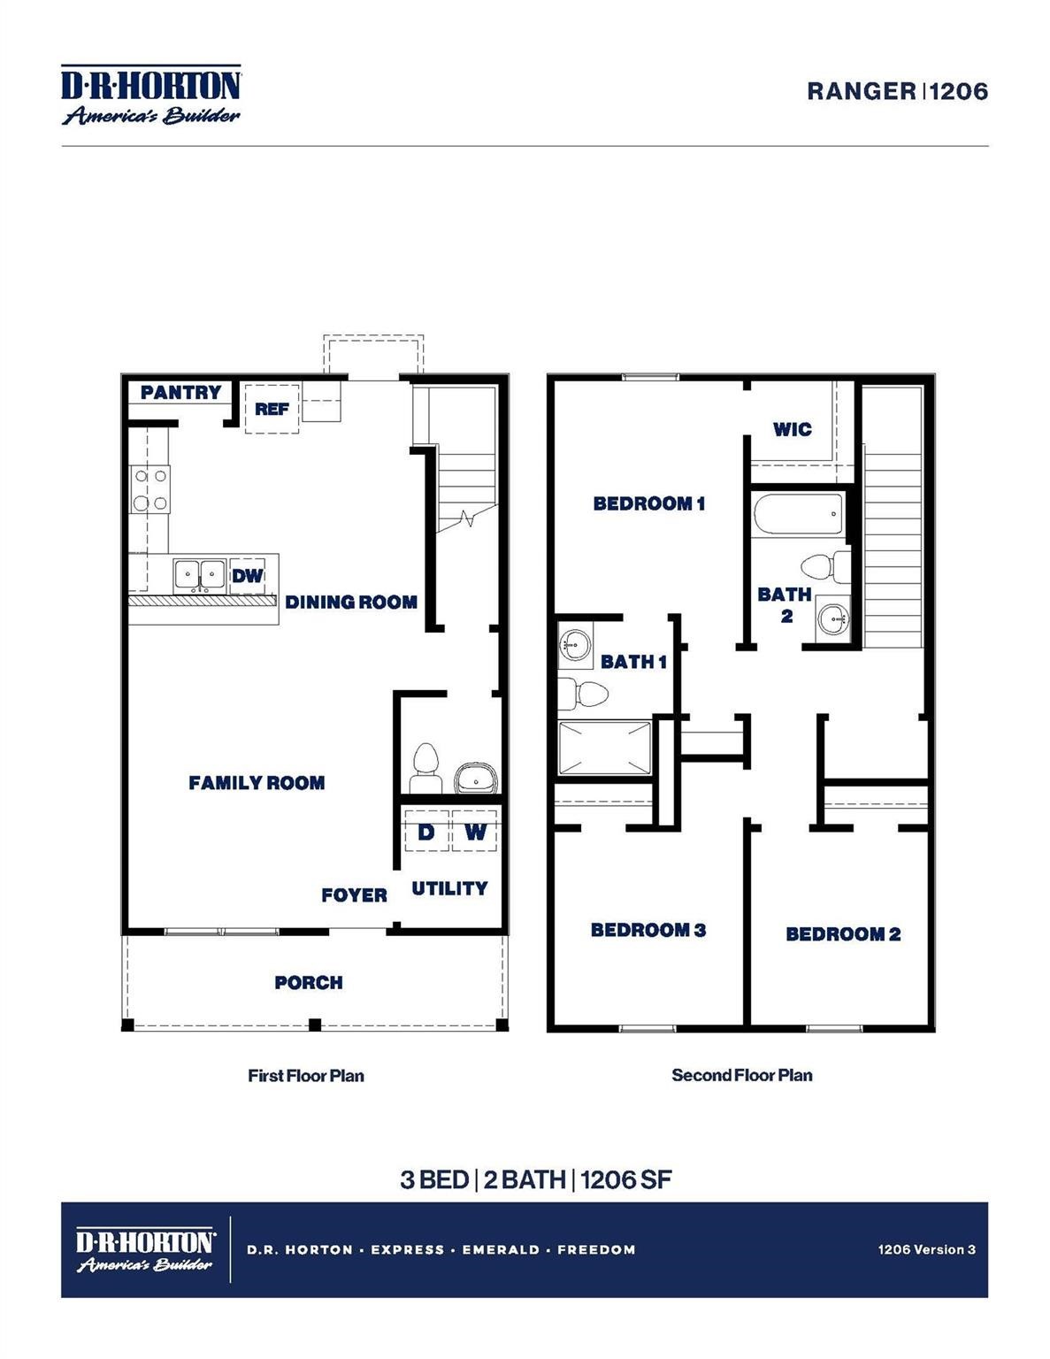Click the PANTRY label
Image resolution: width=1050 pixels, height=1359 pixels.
coord(180,392)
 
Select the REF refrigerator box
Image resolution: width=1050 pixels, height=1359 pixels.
coord(272,409)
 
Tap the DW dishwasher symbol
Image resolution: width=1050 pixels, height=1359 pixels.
coord(248,576)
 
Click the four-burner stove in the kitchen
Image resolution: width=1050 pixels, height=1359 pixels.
coord(150,490)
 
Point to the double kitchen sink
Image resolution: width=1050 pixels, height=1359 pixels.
coord(200,575)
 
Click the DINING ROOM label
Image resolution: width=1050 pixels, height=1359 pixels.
coord(351,603)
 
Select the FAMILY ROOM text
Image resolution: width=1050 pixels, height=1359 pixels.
coord(257,783)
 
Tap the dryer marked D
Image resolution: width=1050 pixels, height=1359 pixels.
coord(426,832)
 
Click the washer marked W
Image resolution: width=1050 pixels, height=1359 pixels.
coord(475,832)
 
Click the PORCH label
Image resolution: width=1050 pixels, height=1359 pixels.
coord(309,982)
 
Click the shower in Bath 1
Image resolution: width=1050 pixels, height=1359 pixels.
coord(605,749)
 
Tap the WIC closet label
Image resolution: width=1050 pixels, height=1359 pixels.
coord(792,429)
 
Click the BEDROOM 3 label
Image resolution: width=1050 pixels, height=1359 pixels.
coord(648,930)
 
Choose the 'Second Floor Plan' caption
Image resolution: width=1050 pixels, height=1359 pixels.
coord(741,1075)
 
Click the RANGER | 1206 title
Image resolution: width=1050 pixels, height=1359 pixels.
coord(897,91)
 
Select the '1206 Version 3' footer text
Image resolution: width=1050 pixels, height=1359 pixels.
coord(926,1249)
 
